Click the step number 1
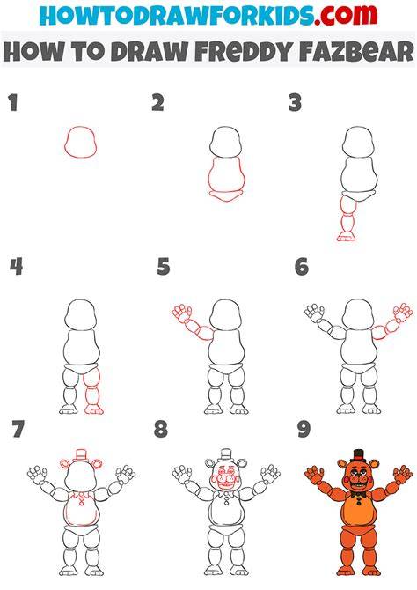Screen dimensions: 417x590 [13, 103]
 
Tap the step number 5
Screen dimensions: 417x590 [164, 267]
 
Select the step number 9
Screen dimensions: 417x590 [304, 430]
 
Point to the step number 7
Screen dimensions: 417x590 [18, 430]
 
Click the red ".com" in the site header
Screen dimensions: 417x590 [346, 15]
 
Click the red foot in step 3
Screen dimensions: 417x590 [346, 237]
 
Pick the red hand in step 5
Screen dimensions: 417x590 [182, 313]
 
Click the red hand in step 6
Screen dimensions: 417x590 [403, 313]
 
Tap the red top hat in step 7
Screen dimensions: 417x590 [81, 454]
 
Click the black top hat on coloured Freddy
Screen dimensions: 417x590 [358, 455]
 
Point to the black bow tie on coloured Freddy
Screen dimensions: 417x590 [360, 494]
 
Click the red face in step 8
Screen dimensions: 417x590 [225, 477]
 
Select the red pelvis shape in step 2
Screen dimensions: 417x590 [226, 196]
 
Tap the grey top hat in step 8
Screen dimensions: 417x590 [225, 455]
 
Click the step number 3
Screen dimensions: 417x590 [296, 103]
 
